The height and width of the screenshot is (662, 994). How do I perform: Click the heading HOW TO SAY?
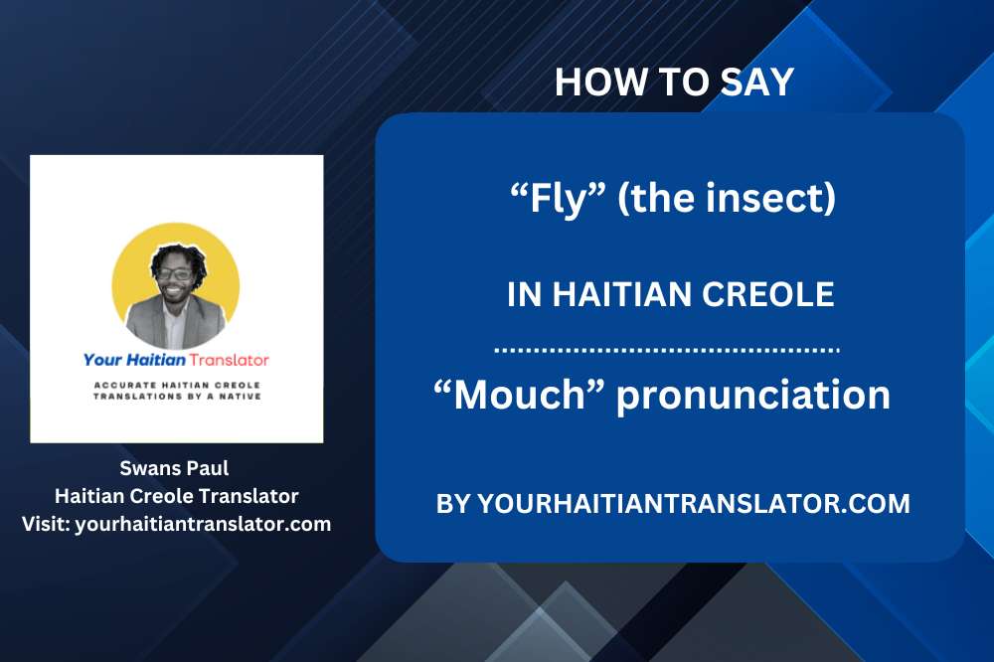[674, 83]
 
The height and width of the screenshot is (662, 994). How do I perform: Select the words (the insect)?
[727, 200]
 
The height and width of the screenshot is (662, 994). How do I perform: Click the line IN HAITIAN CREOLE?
[670, 295]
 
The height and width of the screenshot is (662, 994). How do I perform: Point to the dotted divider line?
[667, 351]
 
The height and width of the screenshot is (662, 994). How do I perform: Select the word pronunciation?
[752, 396]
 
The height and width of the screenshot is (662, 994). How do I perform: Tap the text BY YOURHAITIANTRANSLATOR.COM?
[673, 503]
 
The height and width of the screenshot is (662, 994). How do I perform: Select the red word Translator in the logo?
[232, 360]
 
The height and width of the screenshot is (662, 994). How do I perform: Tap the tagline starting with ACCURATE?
[176, 389]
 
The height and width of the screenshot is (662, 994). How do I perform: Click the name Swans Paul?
[176, 468]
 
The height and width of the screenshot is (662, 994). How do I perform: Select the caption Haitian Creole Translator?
[176, 495]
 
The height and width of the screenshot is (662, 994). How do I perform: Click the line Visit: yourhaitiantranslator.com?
[176, 523]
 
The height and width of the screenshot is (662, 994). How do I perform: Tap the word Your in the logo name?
[105, 360]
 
